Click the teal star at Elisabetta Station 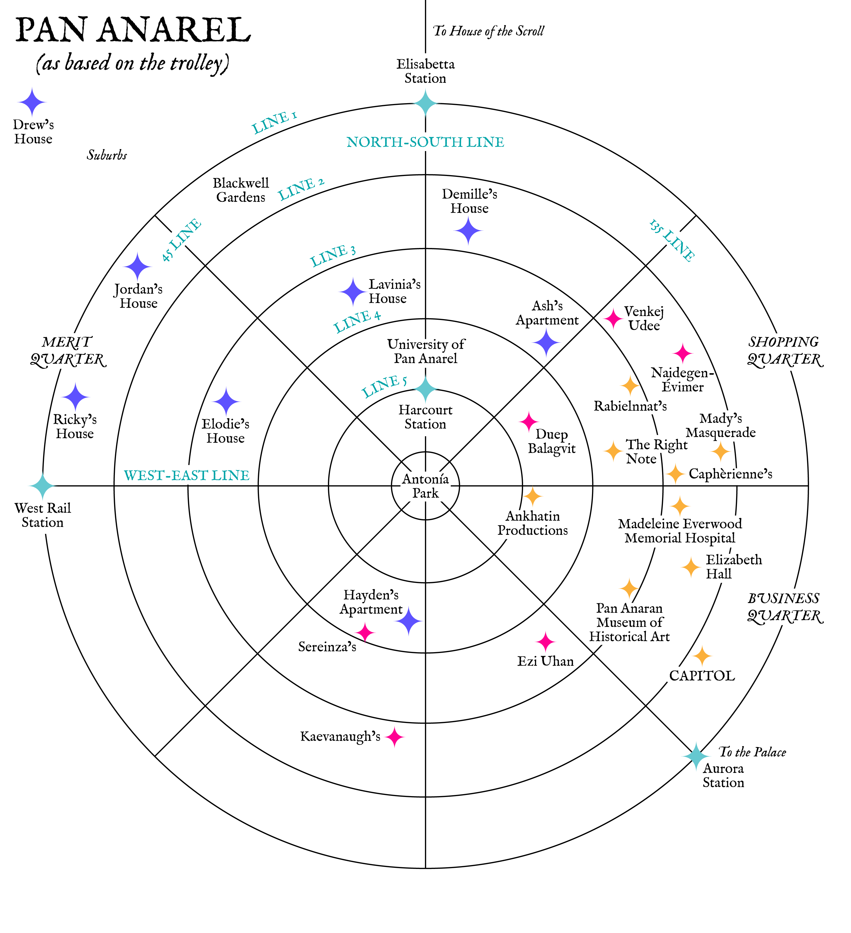point(425,103)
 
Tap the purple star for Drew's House point(32,102)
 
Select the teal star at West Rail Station point(43,486)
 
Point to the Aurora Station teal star point(696,756)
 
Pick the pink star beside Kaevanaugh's point(394,737)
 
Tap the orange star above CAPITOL point(702,656)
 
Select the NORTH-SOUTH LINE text point(425,142)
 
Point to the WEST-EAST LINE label point(187,475)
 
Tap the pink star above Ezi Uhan point(545,641)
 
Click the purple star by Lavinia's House point(353,292)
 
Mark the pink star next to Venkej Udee point(613,318)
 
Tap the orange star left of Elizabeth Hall point(691,567)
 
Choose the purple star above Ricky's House point(75,396)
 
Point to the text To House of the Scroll point(488,31)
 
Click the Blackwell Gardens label point(241,190)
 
